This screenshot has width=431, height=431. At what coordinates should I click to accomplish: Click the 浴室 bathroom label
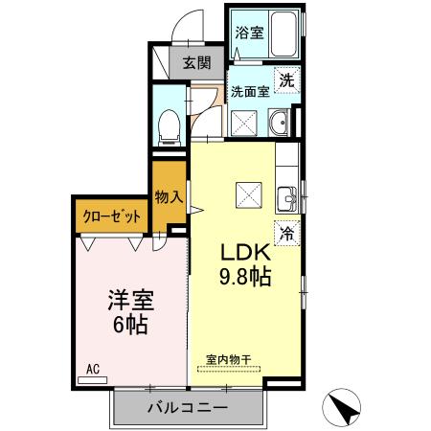pos(249,33)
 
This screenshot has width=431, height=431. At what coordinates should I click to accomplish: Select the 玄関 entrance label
pos(197,63)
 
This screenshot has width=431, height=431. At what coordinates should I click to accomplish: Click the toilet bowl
pos(170,127)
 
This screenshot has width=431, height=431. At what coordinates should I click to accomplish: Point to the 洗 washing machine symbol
pos(286,80)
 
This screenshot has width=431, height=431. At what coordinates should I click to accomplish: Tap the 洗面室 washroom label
pos(250,92)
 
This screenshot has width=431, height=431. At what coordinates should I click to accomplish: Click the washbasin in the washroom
pos(280,123)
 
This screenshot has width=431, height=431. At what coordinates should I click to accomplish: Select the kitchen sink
pos(287,199)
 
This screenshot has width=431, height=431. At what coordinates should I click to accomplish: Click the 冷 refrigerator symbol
pos(287,234)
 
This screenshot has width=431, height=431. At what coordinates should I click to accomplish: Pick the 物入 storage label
pos(169,197)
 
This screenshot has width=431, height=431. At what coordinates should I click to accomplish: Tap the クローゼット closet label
pos(111,216)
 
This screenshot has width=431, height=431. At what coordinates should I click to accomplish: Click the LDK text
pos(246,253)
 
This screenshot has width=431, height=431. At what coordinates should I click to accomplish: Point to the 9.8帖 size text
pos(245,277)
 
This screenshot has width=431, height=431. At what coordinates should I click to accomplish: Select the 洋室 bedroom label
pos(131,301)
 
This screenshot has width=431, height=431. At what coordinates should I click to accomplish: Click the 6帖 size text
pos(130,325)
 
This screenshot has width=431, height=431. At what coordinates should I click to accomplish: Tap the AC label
pos(93,369)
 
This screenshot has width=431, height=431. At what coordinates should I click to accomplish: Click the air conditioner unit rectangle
pos(93,380)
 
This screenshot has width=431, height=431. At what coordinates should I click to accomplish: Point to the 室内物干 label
pos(228,360)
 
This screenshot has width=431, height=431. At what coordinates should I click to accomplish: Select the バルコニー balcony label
pos(188,408)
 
